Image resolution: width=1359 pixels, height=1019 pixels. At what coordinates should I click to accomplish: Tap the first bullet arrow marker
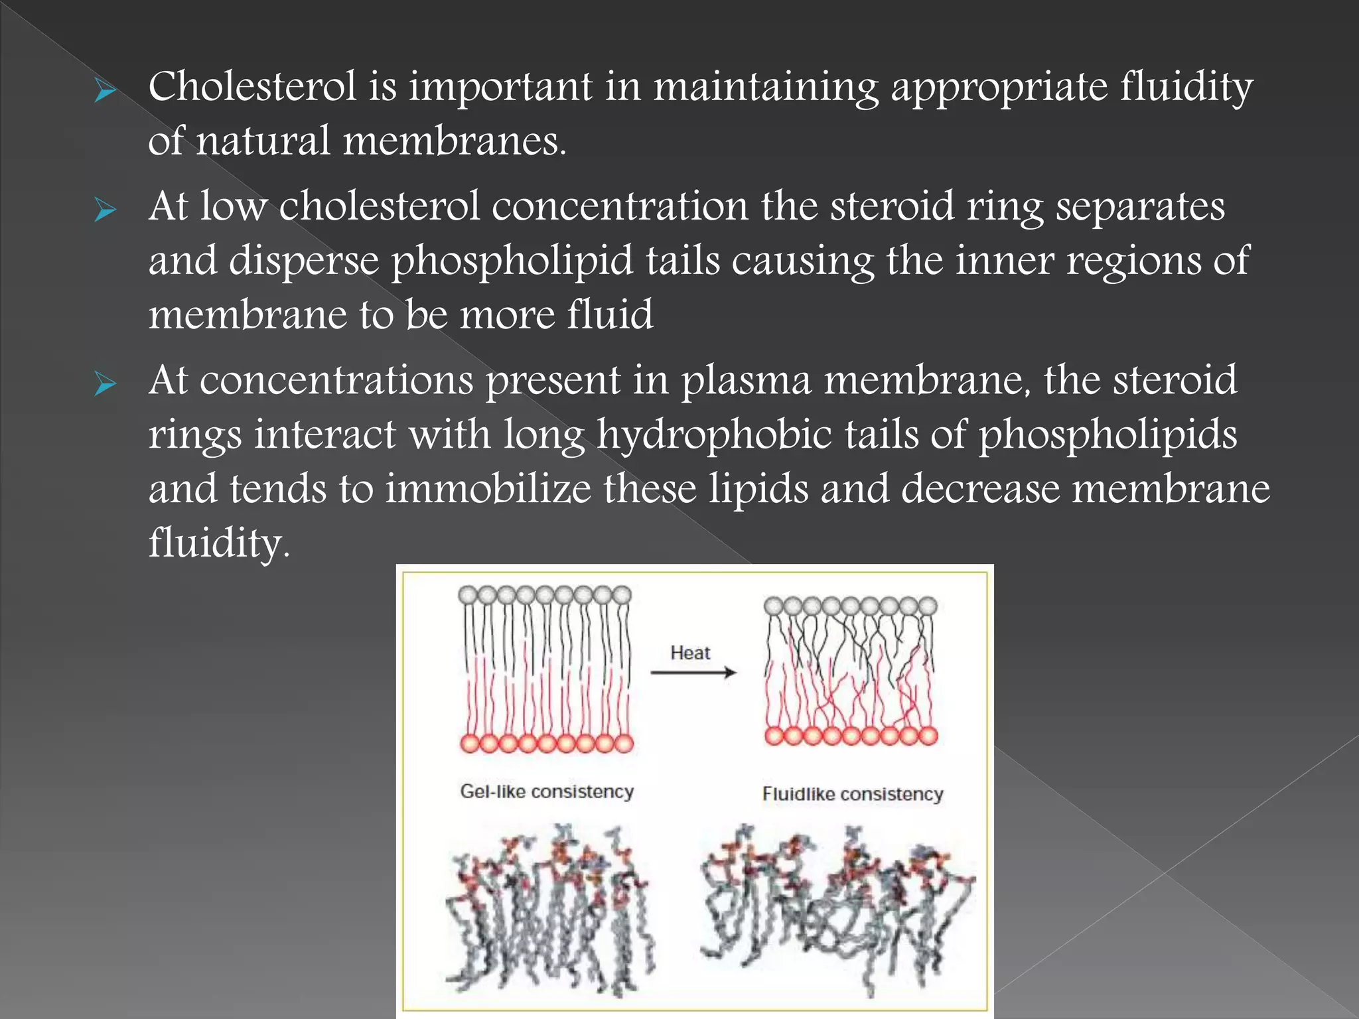pos(105,92)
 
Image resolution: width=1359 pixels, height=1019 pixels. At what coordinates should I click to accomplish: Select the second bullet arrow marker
pos(105,211)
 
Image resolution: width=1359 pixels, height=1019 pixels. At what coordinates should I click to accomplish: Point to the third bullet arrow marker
pos(105,384)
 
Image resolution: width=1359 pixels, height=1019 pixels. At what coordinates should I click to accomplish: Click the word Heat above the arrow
pos(690,653)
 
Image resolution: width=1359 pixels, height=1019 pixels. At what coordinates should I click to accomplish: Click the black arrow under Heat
pos(693,673)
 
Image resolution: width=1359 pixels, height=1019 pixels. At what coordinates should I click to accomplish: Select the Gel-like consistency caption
pos(547,791)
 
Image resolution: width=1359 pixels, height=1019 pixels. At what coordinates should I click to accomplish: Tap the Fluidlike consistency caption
pos(853,794)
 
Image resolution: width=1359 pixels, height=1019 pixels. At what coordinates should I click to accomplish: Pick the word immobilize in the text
pos(488,489)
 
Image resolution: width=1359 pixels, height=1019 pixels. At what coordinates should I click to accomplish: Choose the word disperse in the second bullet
pos(304,261)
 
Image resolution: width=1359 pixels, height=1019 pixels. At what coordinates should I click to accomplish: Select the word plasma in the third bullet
pos(747,381)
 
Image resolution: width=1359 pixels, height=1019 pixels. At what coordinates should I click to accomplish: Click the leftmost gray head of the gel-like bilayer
pos(468,594)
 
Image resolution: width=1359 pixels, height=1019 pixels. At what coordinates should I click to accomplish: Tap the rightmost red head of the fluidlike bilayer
pos(928,735)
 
